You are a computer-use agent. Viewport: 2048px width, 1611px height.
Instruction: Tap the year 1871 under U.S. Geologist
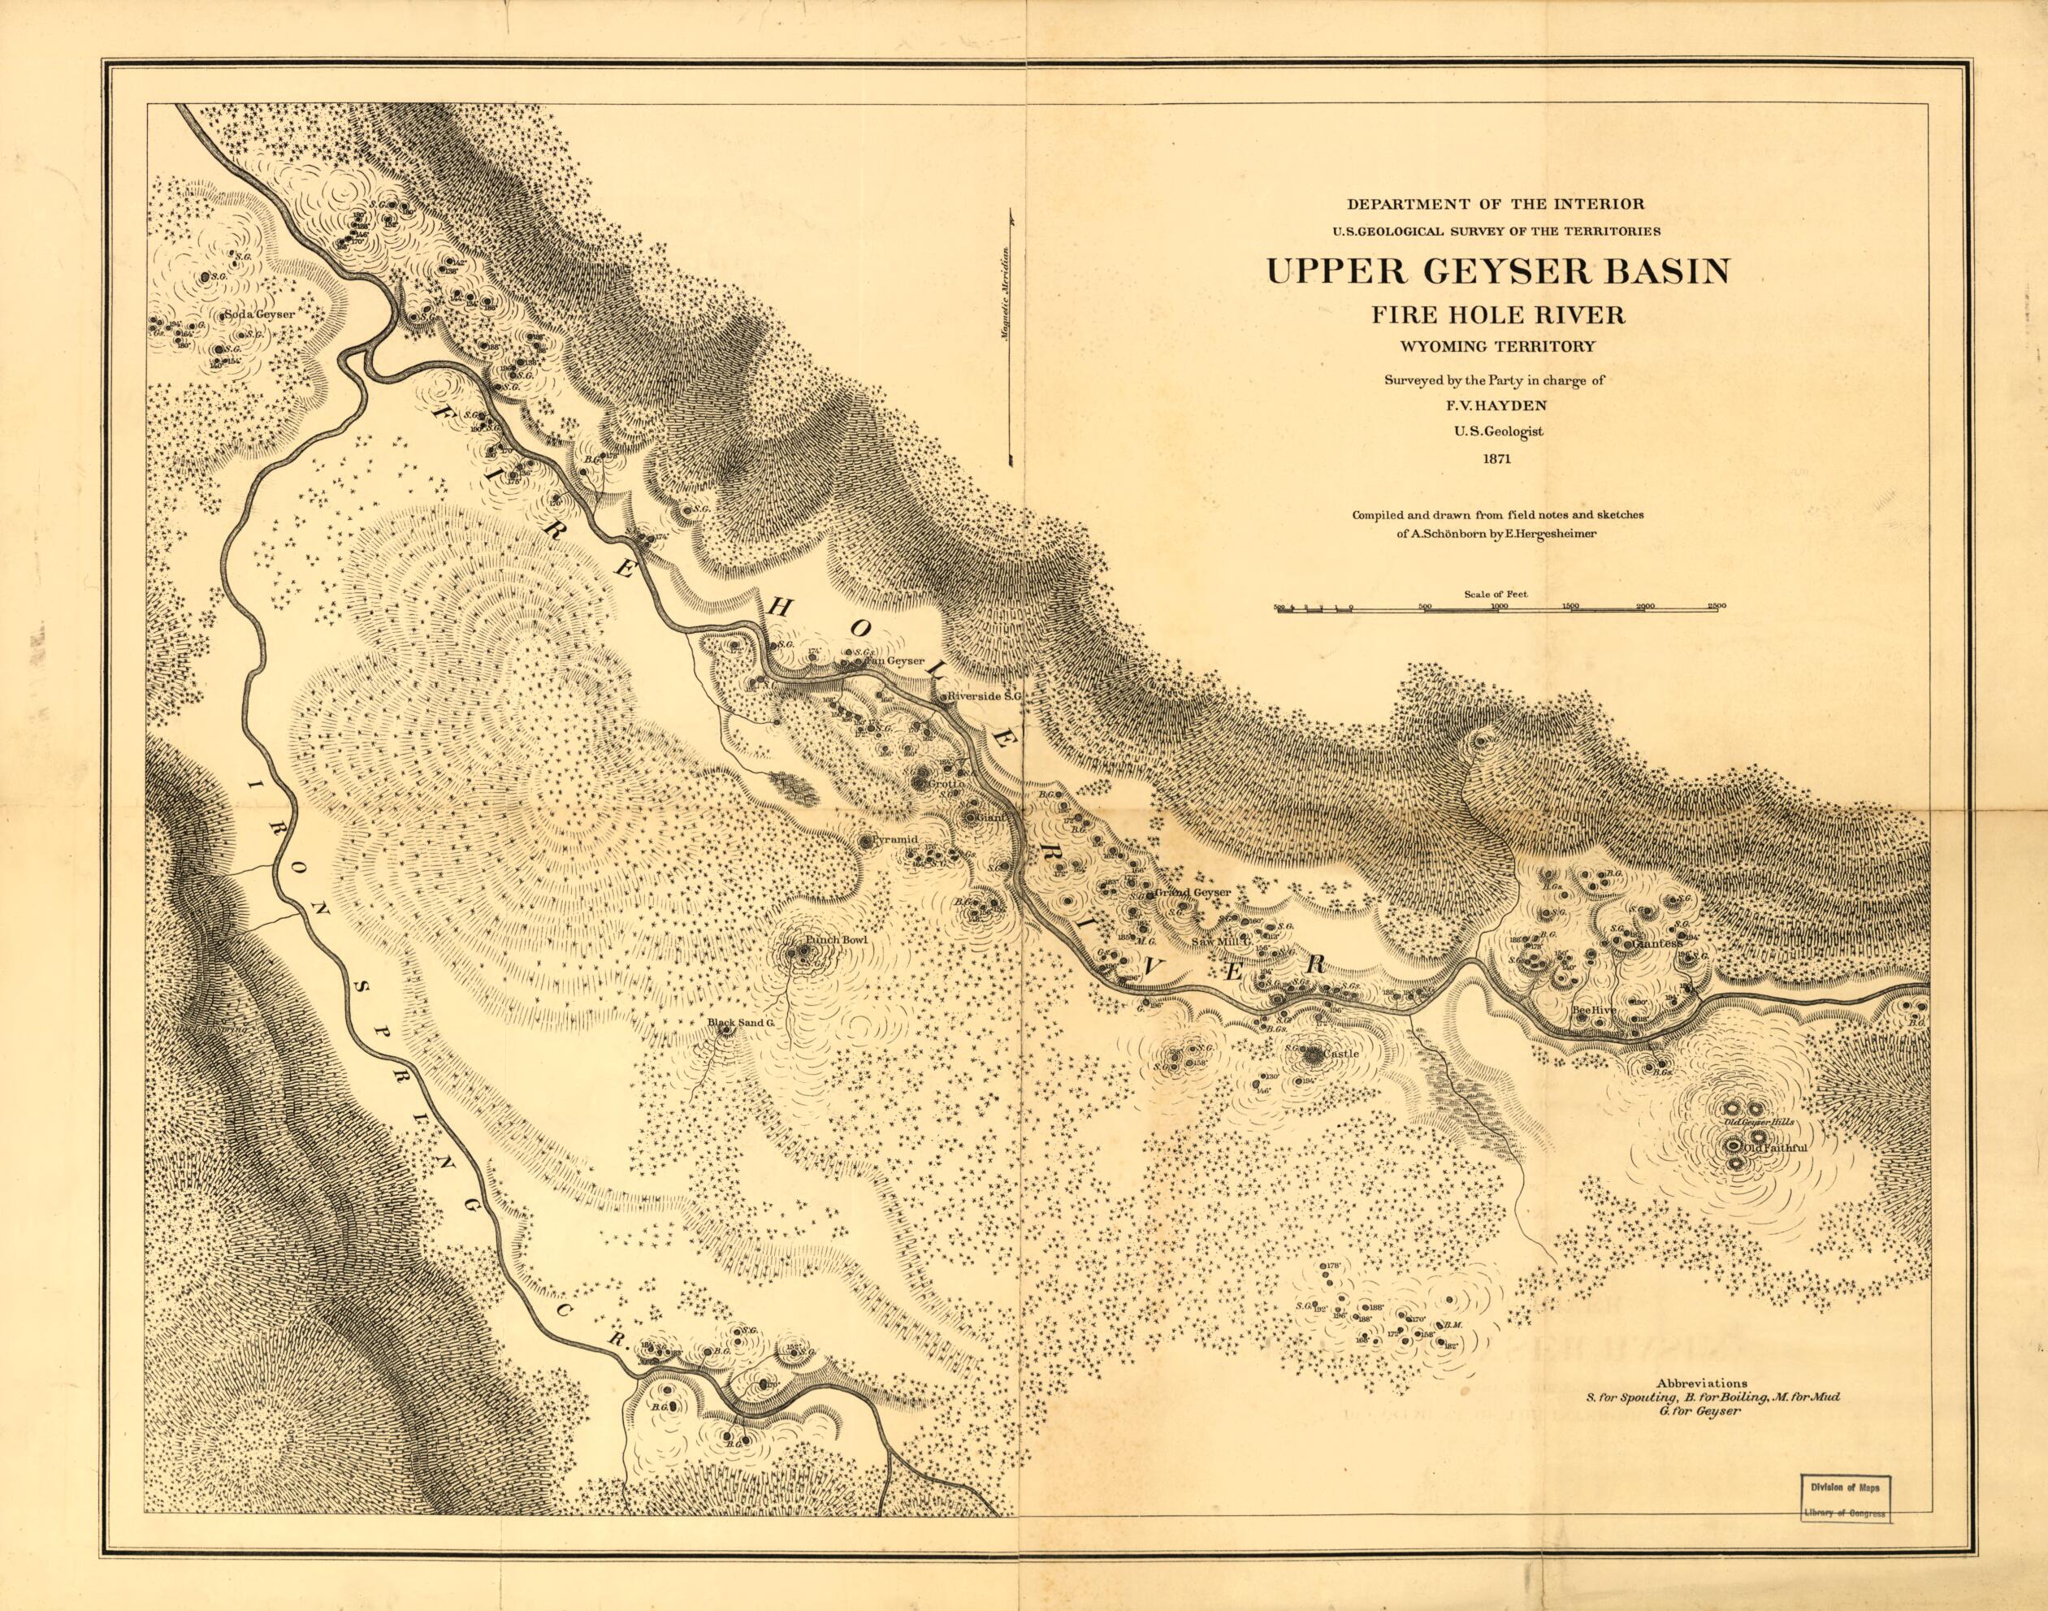pyautogui.click(x=1496, y=461)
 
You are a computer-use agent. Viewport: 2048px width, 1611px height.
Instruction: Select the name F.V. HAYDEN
pyautogui.click(x=1496, y=406)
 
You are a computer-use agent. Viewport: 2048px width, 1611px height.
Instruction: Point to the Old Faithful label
pyautogui.click(x=1773, y=1148)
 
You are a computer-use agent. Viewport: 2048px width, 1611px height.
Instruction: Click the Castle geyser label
pyautogui.click(x=1340, y=1053)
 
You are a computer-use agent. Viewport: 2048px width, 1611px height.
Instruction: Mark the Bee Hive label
pyautogui.click(x=1595, y=1010)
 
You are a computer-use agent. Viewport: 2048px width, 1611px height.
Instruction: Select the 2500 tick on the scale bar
pyautogui.click(x=1716, y=607)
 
